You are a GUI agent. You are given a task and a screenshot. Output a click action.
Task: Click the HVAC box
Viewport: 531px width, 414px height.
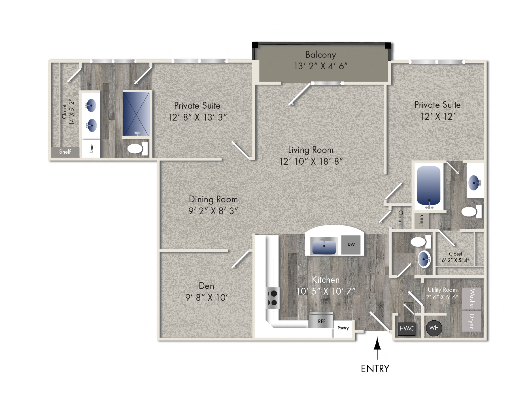click(407, 329)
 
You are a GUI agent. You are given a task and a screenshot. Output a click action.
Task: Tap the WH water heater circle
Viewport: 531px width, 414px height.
click(434, 328)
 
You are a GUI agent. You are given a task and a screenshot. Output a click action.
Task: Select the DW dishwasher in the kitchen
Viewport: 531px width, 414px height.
click(351, 244)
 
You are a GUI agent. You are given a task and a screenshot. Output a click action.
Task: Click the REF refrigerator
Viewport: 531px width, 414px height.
click(321, 321)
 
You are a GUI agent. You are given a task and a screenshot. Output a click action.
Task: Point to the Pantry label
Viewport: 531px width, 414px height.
click(343, 328)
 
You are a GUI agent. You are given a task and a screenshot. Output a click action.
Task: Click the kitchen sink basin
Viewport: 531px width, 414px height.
click(324, 246)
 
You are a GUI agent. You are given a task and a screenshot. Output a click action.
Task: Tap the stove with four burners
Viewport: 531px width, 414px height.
click(273, 298)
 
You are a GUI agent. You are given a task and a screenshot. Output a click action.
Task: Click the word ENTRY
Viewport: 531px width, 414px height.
click(375, 369)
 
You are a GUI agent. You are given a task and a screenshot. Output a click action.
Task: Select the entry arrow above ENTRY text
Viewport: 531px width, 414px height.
click(377, 347)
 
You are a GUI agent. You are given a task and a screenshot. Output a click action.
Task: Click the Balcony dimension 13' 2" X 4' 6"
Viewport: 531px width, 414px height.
click(320, 66)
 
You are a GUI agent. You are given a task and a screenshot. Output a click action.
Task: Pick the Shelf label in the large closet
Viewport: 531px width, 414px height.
click(65, 152)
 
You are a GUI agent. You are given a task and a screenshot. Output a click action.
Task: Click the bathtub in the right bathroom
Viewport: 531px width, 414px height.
click(428, 185)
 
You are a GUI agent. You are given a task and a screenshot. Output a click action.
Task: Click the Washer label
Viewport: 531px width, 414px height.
click(471, 299)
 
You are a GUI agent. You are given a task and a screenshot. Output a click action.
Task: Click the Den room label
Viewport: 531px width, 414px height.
click(206, 286)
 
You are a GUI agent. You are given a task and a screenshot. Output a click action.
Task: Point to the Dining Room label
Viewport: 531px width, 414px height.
click(213, 199)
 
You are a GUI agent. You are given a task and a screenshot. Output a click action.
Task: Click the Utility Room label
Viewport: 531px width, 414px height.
click(442, 290)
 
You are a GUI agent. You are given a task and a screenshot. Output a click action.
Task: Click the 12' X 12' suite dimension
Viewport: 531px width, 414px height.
click(437, 116)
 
